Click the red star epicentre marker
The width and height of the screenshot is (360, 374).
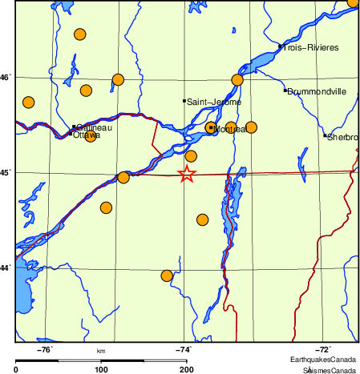[x=186, y=174]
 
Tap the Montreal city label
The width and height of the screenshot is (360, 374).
[x=229, y=129]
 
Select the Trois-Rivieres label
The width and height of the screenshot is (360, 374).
[x=310, y=48]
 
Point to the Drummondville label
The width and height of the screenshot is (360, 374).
[x=317, y=91]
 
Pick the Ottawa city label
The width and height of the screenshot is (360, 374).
[x=87, y=135]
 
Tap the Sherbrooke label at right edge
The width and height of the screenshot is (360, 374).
[x=342, y=137]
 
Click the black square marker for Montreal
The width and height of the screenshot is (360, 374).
[x=210, y=127]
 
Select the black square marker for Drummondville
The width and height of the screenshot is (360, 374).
[x=285, y=90]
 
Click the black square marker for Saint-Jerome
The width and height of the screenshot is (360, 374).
[x=184, y=101]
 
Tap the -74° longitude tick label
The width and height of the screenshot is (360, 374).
[x=184, y=349]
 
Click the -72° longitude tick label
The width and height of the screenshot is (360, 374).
[x=322, y=349]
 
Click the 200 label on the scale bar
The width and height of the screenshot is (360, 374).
[x=186, y=369]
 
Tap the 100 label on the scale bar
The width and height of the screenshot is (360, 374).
[x=101, y=369]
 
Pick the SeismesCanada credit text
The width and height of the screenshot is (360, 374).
[x=329, y=369]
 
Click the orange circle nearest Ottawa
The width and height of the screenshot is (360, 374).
[x=90, y=137]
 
